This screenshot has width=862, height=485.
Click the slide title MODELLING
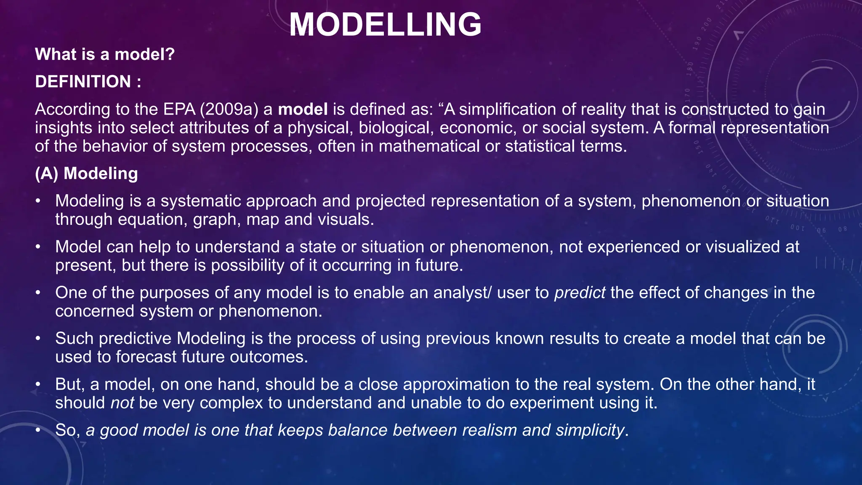pyautogui.click(x=385, y=24)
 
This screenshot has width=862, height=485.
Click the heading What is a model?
pyautogui.click(x=104, y=54)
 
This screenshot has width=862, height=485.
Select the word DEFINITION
pyautogui.click(x=83, y=82)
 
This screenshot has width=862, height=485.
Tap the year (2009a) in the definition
pyautogui.click(x=229, y=109)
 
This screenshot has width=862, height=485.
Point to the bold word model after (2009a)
pyautogui.click(x=303, y=109)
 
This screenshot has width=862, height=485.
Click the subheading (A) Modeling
pyautogui.click(x=86, y=173)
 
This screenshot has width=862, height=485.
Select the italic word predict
pyautogui.click(x=580, y=293)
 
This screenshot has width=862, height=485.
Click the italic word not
pyautogui.click(x=122, y=403)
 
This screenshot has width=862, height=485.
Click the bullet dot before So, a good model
pyautogui.click(x=38, y=430)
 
